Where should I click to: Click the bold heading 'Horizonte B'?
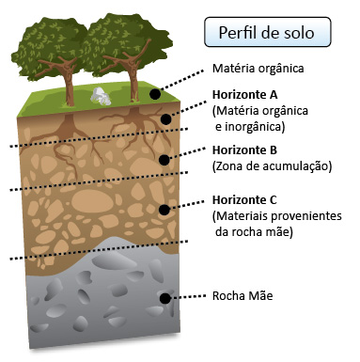pyautogui.click(x=247, y=150)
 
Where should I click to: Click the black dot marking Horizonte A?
pyautogui.click(x=167, y=118)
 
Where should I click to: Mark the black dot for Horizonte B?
pyautogui.click(x=164, y=159)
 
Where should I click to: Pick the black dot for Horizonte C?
pyautogui.click(x=164, y=209)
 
